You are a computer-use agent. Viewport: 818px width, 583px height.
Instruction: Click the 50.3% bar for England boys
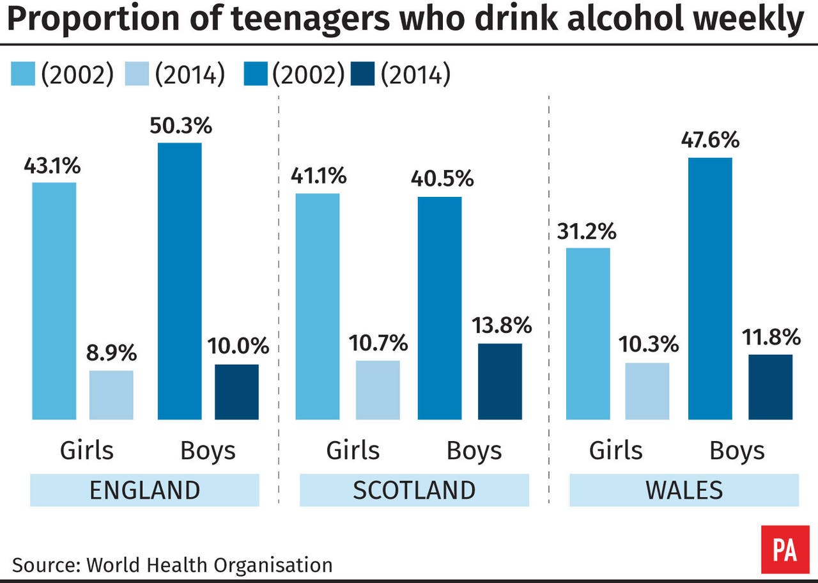point(180,281)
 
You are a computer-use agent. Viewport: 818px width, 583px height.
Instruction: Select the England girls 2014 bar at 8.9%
point(111,395)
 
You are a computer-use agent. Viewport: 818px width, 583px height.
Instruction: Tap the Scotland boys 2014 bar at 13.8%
point(500,382)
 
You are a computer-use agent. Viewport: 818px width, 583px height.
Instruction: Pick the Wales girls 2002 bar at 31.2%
point(588,334)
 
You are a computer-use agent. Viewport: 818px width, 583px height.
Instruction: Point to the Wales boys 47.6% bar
point(710,289)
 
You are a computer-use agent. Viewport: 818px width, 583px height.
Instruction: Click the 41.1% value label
point(319,175)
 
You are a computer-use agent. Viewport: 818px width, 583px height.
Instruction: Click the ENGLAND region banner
point(144,491)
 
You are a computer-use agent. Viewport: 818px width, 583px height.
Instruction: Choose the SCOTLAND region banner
point(414,491)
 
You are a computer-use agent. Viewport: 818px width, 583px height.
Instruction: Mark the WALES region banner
point(684,491)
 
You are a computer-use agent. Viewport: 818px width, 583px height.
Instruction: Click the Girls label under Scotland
point(353,451)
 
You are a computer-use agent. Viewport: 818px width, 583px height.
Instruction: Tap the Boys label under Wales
point(737,451)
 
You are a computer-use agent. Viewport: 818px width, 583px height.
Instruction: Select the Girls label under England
point(87,451)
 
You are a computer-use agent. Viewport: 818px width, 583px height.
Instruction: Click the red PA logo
point(785,549)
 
